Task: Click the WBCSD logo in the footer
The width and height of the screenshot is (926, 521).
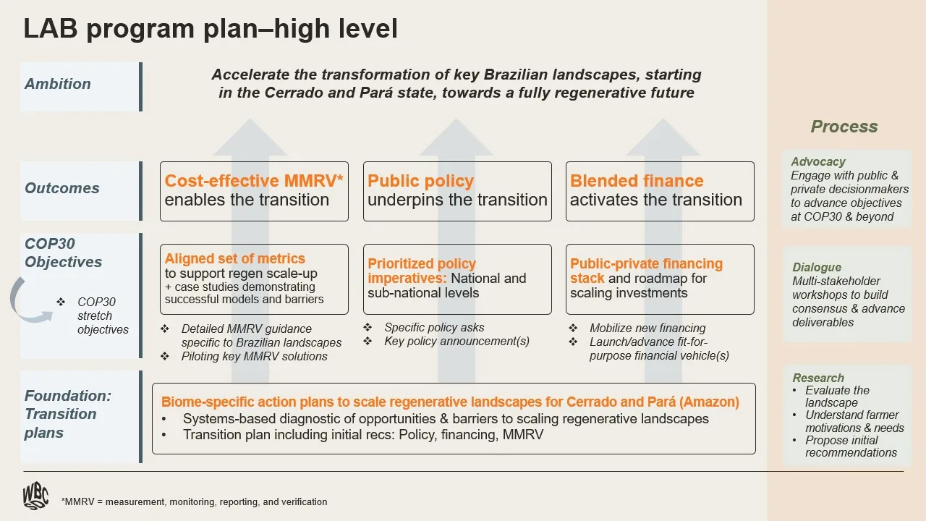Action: tap(35, 496)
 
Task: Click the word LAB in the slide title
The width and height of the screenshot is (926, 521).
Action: tap(51, 28)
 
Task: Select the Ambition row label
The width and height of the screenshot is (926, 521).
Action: tap(58, 84)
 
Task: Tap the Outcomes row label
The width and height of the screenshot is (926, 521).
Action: tap(62, 188)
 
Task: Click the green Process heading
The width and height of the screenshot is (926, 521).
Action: tap(844, 127)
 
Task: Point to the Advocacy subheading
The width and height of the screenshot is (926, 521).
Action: tap(818, 161)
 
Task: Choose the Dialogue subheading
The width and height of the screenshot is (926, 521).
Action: tap(817, 267)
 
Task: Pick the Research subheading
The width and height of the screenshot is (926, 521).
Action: tap(818, 378)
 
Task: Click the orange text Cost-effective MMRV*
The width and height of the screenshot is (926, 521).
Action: tap(254, 181)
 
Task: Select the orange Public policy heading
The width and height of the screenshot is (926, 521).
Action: tap(420, 181)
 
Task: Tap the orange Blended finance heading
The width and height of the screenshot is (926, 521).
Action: tap(637, 181)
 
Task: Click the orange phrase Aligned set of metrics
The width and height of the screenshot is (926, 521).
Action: tap(235, 258)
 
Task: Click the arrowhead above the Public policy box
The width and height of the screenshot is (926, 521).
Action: tap(456, 137)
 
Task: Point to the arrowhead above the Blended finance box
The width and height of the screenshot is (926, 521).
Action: tap(663, 137)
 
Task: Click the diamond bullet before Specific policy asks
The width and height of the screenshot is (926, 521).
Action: tap(368, 328)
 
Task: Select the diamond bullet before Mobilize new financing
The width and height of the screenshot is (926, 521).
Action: tap(573, 329)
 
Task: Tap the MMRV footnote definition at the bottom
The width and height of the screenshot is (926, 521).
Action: tap(195, 501)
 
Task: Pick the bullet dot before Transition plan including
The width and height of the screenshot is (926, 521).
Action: tap(164, 435)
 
